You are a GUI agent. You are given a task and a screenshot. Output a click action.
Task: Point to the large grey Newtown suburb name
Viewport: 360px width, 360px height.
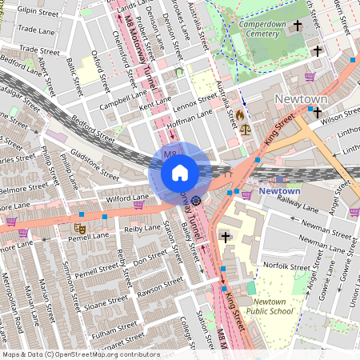pyautogui.click(x=301, y=98)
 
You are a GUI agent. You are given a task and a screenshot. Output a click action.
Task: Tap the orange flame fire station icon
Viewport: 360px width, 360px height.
pyautogui.click(x=239, y=115)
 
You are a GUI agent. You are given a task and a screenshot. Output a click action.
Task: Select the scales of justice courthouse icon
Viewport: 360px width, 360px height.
pyautogui.click(x=244, y=128)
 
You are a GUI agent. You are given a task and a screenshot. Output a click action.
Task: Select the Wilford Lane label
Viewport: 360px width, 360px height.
pyautogui.click(x=106, y=197)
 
